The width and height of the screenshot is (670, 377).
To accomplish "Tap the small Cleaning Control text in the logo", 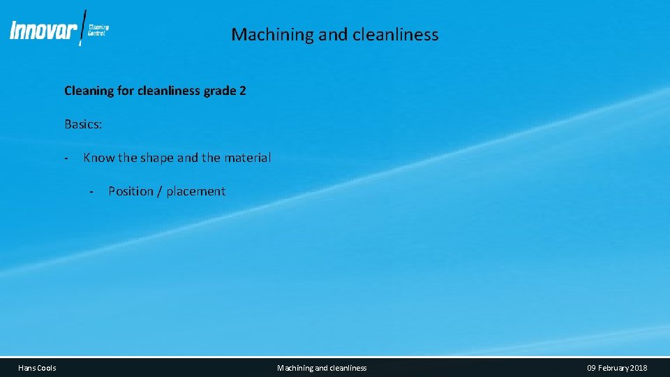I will point(98,30).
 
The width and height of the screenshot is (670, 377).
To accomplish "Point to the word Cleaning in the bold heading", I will point(89,91).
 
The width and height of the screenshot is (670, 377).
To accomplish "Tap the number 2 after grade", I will point(242,91).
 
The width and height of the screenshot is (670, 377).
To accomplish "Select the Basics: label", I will point(83,124).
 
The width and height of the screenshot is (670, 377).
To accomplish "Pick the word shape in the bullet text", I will point(157,158).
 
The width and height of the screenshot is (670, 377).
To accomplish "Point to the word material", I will point(246,158).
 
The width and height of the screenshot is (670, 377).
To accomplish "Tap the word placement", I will point(196,191).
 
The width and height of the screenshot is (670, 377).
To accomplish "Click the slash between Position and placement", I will point(161,191).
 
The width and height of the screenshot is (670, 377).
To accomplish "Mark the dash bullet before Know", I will point(65,158).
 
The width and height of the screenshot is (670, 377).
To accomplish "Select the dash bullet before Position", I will point(91,192).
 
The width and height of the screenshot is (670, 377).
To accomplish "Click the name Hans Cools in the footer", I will point(38,368).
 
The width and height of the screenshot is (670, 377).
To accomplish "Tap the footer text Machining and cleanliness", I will point(322,368).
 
